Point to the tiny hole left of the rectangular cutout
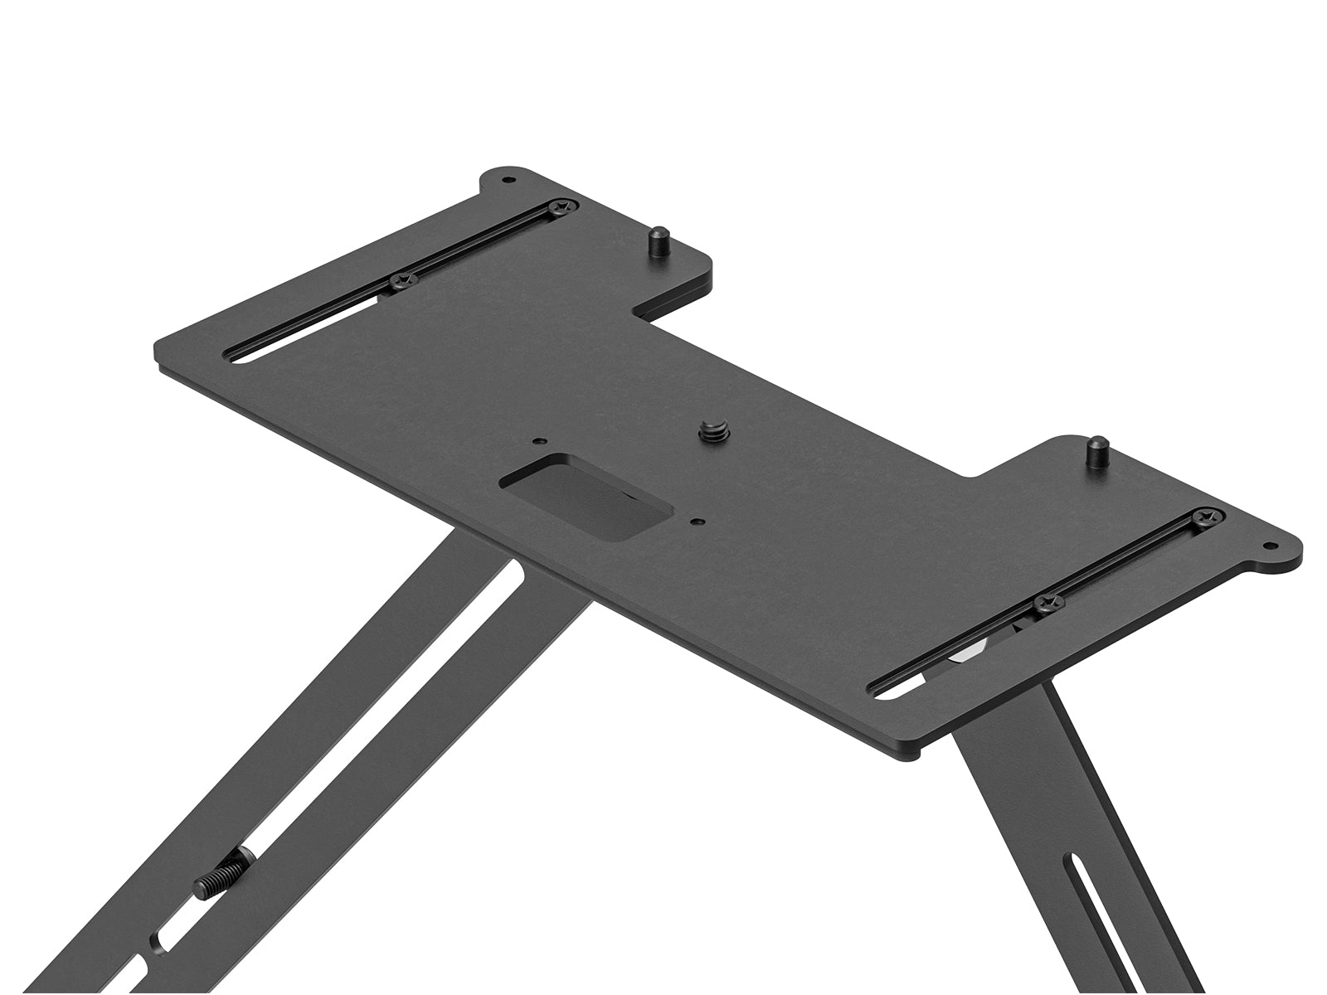pos(538,441)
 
